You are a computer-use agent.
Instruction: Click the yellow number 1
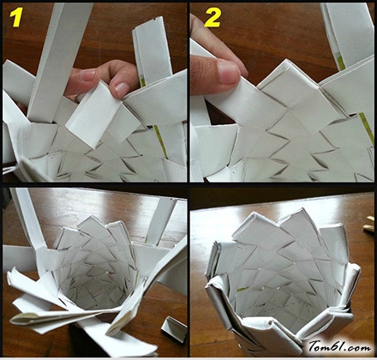[16, 18]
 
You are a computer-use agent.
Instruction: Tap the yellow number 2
[212, 18]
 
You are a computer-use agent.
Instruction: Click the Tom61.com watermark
[339, 346]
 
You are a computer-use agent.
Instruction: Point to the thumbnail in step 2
[228, 72]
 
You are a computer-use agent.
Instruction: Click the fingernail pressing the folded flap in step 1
[122, 89]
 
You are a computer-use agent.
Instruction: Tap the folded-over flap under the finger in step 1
[93, 114]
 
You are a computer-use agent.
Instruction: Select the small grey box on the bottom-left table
[174, 329]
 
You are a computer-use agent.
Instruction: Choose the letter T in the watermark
[314, 346]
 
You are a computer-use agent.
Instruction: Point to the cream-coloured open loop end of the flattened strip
[24, 319]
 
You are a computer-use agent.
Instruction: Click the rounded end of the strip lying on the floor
[146, 350]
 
